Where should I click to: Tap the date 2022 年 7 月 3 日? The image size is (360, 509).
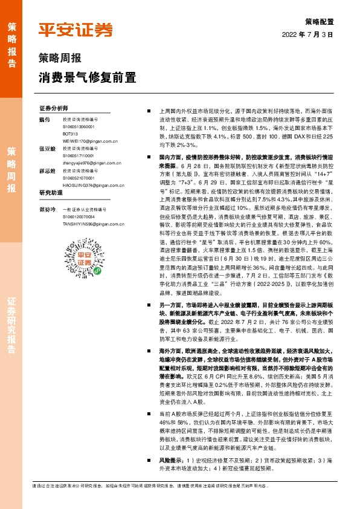coord(308,35)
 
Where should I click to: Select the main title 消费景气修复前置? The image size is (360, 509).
coord(87,78)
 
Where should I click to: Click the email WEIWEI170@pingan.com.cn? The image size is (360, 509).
coord(89,140)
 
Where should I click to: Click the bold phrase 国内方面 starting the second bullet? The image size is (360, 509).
coord(172,156)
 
